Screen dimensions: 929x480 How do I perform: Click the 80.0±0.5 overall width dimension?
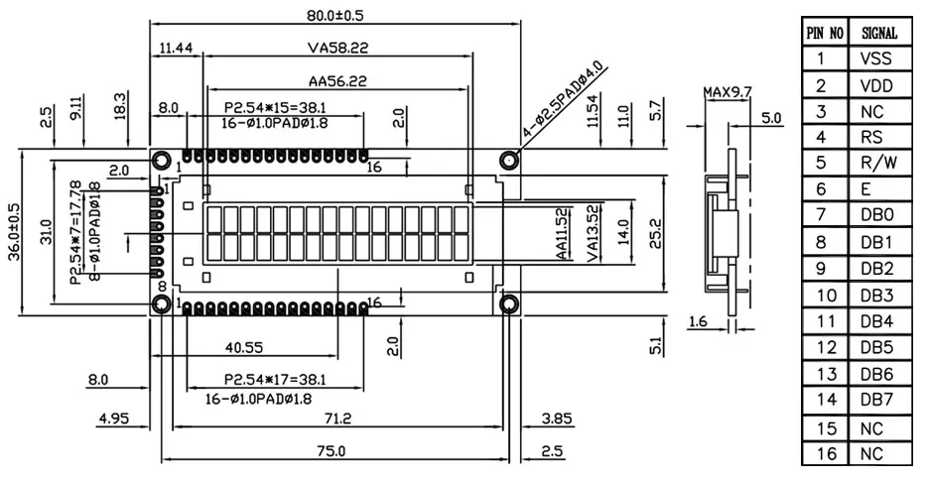333,15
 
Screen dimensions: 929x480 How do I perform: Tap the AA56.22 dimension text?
336,81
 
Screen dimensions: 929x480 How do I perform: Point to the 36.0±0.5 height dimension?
14,232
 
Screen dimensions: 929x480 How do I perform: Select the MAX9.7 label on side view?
729,92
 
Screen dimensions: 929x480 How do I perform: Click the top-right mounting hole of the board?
509,160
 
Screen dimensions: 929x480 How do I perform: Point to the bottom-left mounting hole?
159,303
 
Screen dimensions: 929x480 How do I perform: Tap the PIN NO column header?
825,33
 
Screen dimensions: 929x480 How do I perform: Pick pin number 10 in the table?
825,295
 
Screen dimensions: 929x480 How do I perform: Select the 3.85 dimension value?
558,419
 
